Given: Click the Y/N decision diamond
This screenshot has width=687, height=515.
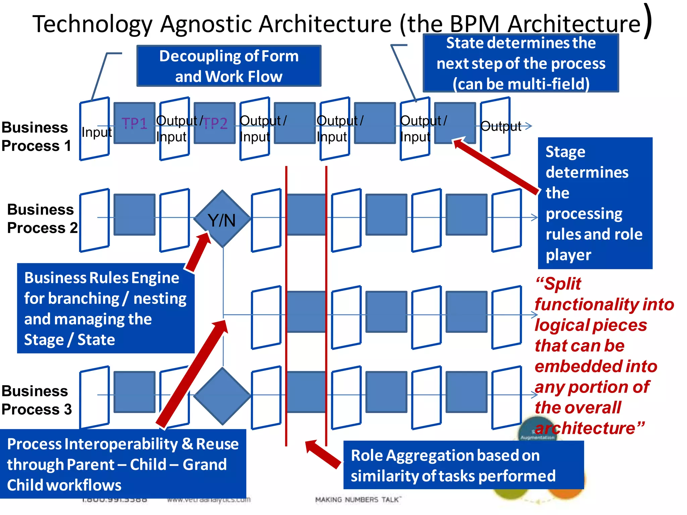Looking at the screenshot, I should (222, 219).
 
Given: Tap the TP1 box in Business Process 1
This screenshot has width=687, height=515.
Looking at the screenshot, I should (134, 123).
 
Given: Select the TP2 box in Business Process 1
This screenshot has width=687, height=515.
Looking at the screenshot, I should (215, 123).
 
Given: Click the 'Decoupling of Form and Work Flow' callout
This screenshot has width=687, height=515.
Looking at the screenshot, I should (229, 66).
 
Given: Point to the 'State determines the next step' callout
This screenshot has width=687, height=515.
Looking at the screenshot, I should (521, 63).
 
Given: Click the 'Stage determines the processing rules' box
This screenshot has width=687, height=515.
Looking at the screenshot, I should (595, 203).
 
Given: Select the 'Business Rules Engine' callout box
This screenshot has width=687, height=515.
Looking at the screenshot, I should (105, 308).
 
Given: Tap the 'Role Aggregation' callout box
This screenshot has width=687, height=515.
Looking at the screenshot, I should (463, 465).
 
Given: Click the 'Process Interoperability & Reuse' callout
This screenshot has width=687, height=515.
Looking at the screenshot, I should (123, 464).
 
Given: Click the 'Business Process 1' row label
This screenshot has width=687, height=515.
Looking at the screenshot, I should (36, 137).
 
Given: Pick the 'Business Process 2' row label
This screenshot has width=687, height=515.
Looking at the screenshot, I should (42, 219).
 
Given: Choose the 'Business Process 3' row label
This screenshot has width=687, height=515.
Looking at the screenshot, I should (36, 400).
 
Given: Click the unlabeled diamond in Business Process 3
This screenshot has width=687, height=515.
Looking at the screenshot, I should (222, 396).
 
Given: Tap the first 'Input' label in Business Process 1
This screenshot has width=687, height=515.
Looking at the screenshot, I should (96, 132).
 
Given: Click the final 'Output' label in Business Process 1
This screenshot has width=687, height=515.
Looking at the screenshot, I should (500, 126).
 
